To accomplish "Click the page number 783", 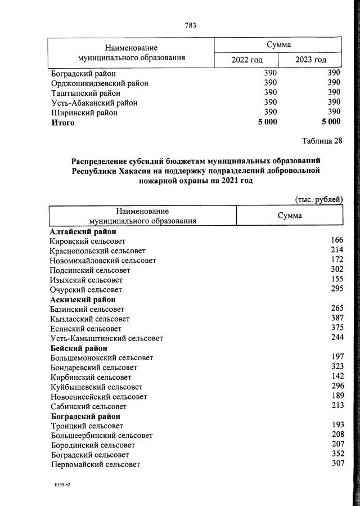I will click(190, 25).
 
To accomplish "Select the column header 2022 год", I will click(247, 60).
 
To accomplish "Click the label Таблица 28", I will click(322, 141).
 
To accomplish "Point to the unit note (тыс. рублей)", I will click(318, 199).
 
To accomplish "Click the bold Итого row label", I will click(62, 122).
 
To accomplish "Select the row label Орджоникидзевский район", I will click(100, 83).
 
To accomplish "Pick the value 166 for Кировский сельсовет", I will click(336, 240).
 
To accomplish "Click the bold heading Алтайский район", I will click(83, 231).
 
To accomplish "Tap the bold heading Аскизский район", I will click(83, 299).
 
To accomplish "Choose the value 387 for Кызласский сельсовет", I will click(336, 318).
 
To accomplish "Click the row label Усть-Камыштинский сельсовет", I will click(107, 338).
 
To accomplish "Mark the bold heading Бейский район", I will click(79, 348).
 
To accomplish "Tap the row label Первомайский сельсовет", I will click(95, 464).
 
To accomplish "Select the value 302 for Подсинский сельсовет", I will click(336, 270).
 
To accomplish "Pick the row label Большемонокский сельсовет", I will click(102, 357).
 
